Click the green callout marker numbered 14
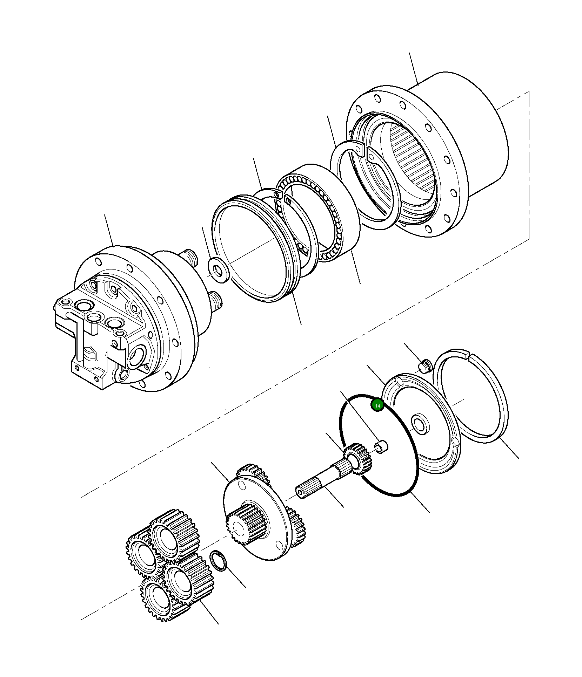pos(377,406)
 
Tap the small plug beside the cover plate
pos(425,367)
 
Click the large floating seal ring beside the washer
pos(256,249)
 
